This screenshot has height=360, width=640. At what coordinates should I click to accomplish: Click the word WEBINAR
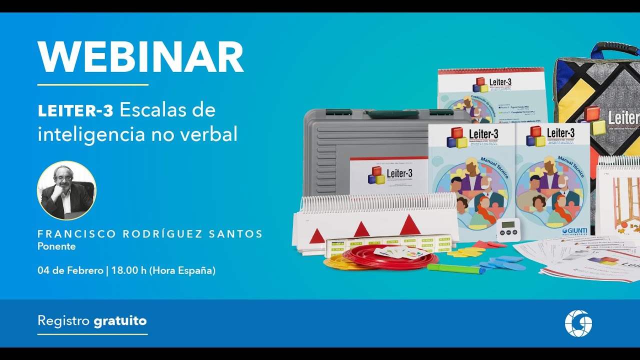click(x=140, y=57)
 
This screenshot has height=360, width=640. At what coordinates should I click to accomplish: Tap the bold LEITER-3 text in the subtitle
click(x=75, y=111)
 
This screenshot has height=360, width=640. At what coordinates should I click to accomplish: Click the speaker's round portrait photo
click(x=66, y=190)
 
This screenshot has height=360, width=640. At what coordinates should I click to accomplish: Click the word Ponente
click(x=56, y=246)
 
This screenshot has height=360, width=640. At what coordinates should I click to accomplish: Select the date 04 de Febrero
click(x=69, y=270)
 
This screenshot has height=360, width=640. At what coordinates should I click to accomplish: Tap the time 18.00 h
click(x=128, y=270)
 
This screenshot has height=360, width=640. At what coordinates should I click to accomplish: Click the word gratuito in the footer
click(x=120, y=320)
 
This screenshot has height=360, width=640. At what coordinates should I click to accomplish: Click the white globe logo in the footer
click(x=578, y=323)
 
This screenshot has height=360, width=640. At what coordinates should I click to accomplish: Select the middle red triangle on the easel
click(x=361, y=229)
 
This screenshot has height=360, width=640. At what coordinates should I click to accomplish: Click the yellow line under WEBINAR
click(x=93, y=85)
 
